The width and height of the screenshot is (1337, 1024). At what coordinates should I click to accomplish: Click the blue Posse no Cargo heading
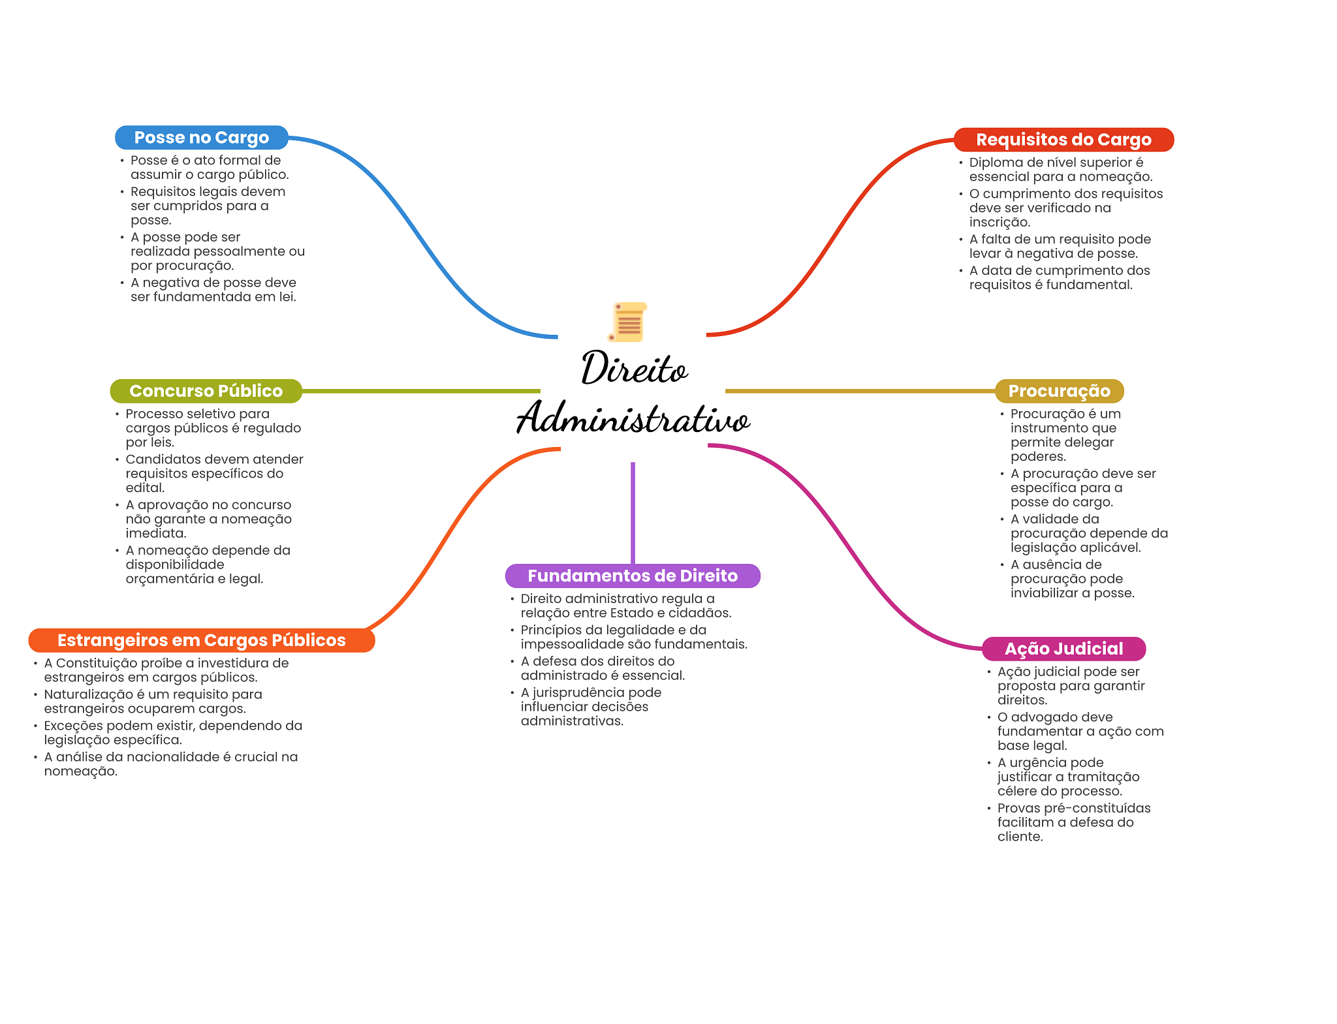tap(201, 138)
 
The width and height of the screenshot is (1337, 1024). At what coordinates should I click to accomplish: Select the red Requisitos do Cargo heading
tap(1063, 140)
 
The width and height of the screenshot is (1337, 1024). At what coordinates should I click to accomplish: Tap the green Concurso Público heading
tap(206, 391)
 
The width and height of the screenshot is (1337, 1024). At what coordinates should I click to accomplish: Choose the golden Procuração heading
tap(1059, 391)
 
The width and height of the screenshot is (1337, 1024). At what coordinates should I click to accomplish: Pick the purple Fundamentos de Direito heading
tap(632, 576)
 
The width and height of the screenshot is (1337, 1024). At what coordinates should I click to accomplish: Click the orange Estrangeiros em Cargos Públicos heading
tap(201, 640)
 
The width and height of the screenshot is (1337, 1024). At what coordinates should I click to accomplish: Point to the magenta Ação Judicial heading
tap(1063, 649)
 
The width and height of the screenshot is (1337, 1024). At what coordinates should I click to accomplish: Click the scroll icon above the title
tap(628, 322)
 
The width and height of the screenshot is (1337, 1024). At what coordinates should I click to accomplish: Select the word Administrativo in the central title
tap(633, 418)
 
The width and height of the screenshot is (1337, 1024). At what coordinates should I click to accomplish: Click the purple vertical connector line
tap(633, 512)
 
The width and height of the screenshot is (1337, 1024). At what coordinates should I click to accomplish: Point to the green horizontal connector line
tap(421, 391)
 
